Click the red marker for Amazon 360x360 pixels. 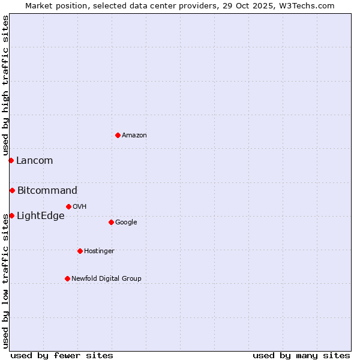click(x=118, y=135)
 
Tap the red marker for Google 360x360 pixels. click(x=111, y=222)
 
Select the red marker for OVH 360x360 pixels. click(x=68, y=206)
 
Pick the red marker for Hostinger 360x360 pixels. click(x=80, y=251)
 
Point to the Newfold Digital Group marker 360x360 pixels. click(x=67, y=278)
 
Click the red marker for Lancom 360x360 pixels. click(x=11, y=160)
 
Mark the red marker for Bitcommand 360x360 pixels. click(x=12, y=190)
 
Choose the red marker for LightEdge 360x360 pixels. click(x=11, y=215)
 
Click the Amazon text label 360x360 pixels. click(x=134, y=136)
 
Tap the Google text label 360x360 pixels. click(x=126, y=223)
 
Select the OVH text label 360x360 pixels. click(x=80, y=207)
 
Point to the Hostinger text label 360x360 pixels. click(x=99, y=251)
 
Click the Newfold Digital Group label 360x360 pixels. click(x=107, y=279)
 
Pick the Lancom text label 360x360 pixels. click(x=35, y=161)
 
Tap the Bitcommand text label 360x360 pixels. click(x=47, y=191)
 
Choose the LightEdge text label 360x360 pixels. click(x=41, y=216)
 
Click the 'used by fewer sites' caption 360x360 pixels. click(x=62, y=355)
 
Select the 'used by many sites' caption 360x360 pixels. click(x=301, y=355)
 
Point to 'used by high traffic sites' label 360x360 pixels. click(x=5, y=86)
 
